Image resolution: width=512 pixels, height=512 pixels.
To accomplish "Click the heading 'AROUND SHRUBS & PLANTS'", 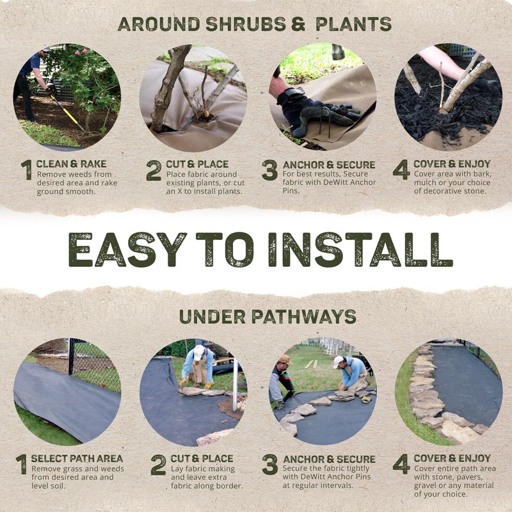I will [254, 24].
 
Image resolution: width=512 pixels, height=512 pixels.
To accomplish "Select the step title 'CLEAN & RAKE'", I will [67, 164].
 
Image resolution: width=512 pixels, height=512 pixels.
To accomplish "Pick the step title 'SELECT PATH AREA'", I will [77, 458].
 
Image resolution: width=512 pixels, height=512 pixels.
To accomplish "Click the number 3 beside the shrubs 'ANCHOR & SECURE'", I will [269, 170].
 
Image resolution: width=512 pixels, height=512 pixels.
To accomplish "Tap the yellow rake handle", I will [64, 109].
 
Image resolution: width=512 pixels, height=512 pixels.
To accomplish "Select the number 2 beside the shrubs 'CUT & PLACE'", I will [154, 170].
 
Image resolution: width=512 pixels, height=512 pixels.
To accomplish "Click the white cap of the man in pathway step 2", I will [198, 351].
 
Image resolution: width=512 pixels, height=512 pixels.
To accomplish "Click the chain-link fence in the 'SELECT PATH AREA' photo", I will [96, 365].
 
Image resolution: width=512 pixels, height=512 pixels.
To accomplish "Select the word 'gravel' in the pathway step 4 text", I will [427, 485].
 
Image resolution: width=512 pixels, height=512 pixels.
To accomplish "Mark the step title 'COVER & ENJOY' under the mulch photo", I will [452, 164].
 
